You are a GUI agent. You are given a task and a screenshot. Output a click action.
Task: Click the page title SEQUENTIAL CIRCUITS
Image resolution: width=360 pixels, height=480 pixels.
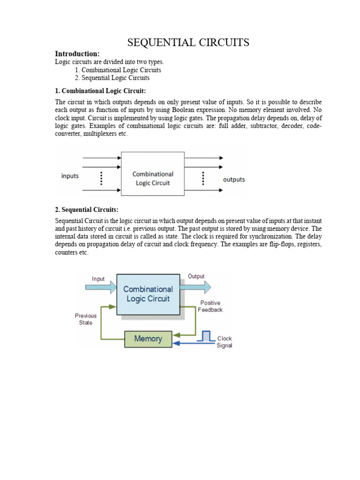tap(188, 43)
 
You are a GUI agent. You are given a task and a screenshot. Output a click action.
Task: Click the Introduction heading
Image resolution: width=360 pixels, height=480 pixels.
tap(77, 53)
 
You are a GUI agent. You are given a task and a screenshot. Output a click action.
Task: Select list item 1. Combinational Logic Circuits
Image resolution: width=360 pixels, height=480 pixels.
tap(118, 70)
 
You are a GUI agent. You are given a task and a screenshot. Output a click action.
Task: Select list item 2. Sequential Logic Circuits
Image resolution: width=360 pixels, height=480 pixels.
tap(112, 78)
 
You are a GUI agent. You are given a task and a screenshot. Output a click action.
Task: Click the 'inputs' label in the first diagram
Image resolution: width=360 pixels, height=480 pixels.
tap(70, 176)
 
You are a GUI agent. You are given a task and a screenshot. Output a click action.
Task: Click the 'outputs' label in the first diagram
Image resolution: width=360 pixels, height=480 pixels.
tap(233, 180)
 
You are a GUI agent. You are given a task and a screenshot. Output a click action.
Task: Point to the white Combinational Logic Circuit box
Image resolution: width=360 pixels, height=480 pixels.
tap(152, 174)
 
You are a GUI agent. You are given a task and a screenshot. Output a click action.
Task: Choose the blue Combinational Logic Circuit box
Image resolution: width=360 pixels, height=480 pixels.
tap(148, 294)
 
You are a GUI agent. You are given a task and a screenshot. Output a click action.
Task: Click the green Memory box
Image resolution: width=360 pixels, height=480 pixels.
tap(148, 338)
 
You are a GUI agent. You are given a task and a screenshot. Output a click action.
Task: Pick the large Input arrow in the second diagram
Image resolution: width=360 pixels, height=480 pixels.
tap(99, 286)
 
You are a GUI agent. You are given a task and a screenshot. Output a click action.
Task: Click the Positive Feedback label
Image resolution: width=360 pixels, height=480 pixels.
tap(210, 307)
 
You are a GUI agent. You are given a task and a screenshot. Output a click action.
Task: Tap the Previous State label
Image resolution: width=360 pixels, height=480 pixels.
tap(86, 319)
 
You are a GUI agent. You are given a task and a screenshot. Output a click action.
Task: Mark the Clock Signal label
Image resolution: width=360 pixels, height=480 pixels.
tap(224, 342)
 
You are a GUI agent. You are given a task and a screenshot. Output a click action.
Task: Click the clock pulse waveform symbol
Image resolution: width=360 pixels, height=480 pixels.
tap(205, 336)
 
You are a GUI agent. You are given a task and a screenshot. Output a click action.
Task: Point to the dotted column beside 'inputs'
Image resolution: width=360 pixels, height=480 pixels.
tap(102, 178)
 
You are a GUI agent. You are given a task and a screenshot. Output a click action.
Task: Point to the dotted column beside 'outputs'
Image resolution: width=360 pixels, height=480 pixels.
tap(203, 178)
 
